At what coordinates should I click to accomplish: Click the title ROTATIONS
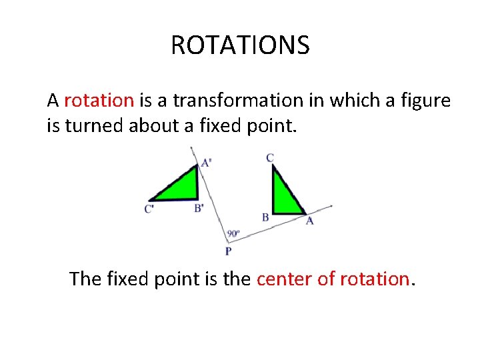click(x=240, y=45)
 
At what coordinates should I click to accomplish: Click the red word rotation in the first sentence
click(x=99, y=101)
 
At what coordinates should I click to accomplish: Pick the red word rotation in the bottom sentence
click(x=374, y=278)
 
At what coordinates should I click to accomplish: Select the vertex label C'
click(x=149, y=209)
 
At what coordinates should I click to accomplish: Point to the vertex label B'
click(x=199, y=209)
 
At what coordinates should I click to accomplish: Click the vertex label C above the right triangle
click(x=269, y=158)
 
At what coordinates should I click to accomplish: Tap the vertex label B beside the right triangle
click(x=265, y=217)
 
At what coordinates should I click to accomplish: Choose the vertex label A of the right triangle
click(x=309, y=221)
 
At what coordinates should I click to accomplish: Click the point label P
click(x=228, y=251)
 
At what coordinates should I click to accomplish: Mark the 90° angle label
click(x=233, y=234)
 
